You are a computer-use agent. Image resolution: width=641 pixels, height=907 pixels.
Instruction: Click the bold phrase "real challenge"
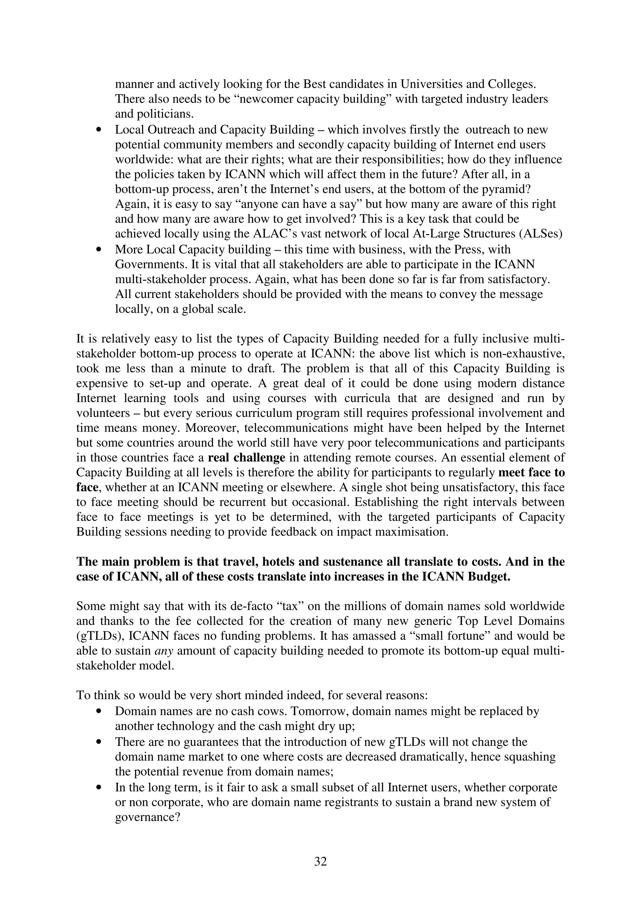point(246,458)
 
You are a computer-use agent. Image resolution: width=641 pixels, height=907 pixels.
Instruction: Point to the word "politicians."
point(154,114)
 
